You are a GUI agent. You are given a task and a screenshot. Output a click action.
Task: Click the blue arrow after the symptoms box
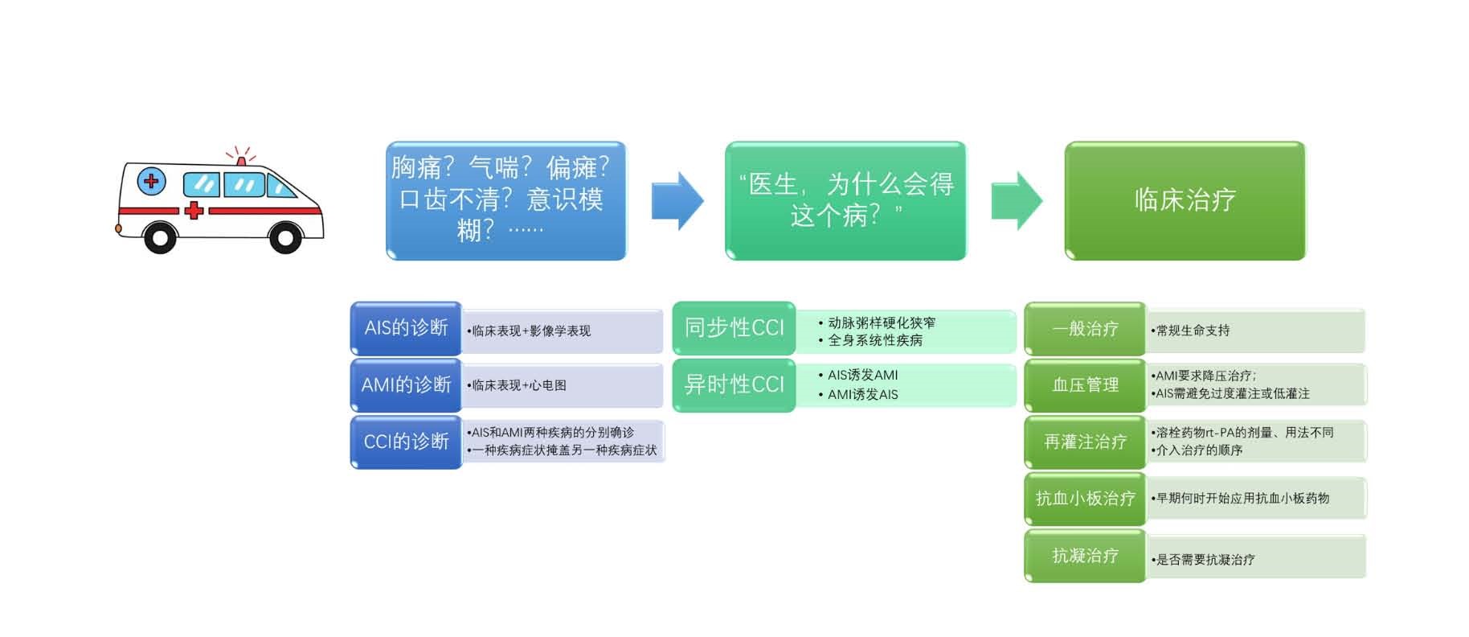click(677, 201)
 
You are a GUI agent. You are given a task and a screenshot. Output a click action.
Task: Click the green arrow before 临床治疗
click(1016, 201)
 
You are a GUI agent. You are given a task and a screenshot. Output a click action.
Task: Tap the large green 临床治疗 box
click(1185, 201)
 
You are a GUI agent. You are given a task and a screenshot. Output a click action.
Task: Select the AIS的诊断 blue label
click(406, 328)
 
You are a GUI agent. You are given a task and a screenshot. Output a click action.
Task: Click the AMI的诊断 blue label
click(406, 385)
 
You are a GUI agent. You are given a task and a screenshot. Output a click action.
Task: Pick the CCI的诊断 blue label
click(406, 442)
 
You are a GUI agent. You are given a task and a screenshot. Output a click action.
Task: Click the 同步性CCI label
click(734, 328)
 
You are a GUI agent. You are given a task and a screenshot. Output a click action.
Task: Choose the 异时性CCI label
click(734, 385)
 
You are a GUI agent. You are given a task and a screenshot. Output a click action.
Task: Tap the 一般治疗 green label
click(1085, 329)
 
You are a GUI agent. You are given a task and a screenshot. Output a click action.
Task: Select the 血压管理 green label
click(1085, 385)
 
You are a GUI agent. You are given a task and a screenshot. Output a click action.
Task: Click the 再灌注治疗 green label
click(1085, 442)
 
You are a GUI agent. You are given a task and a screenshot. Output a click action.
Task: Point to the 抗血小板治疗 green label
click(1085, 499)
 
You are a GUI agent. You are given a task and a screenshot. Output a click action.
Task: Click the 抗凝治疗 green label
click(1085, 556)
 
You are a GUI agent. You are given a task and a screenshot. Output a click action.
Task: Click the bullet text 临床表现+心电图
click(519, 385)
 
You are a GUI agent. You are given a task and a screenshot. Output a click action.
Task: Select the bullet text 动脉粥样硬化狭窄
click(881, 323)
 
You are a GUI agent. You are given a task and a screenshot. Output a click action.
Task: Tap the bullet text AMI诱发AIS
click(862, 395)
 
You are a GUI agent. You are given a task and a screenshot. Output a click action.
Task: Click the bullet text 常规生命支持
click(1193, 331)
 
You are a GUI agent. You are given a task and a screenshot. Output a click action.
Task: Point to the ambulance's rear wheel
click(159, 237)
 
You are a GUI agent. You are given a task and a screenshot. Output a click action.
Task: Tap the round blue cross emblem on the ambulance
click(151, 181)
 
